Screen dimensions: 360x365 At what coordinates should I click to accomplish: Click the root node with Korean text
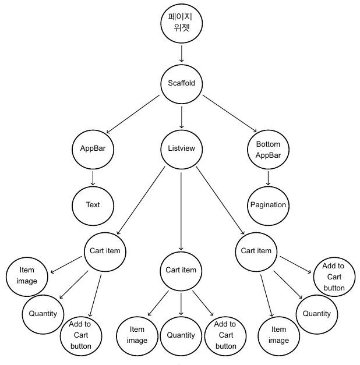pos(182,23)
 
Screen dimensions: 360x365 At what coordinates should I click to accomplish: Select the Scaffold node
pos(182,84)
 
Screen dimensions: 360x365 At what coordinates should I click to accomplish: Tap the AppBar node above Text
pos(93,150)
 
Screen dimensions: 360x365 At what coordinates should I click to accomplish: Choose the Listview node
pos(182,150)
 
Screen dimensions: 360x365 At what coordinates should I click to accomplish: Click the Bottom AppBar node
pos(268,150)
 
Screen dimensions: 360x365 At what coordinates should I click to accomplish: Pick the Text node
pos(93,205)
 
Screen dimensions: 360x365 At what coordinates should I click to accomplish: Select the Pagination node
pos(268,205)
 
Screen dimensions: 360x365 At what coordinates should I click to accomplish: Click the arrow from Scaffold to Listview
pos(182,118)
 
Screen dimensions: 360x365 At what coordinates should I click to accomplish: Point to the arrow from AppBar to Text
pos(93,178)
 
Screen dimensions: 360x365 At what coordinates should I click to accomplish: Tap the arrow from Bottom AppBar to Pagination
pos(268,178)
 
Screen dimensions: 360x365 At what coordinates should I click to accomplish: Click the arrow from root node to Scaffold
pos(182,54)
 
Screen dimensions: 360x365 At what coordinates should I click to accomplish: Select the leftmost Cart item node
pos(105,252)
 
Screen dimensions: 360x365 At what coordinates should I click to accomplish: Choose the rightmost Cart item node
pos(256,252)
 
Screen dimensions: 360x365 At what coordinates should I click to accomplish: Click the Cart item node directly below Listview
pos(181,271)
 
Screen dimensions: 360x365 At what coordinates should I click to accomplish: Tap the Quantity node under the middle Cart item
pos(181,336)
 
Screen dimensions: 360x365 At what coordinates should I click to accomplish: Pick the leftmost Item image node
pos(27,277)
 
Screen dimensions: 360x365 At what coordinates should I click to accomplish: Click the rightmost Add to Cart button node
pos(334,277)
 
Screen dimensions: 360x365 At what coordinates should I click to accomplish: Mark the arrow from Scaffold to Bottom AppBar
pos(230,114)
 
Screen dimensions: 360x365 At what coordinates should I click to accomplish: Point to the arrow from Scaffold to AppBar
pos(133,114)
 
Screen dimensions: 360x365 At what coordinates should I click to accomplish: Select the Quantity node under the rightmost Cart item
pos(317,314)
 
